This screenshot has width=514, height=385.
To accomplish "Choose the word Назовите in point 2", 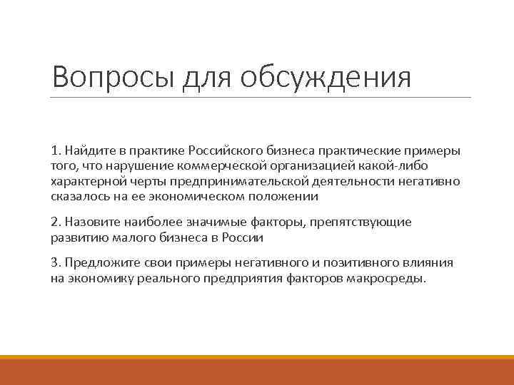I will coord(89,222).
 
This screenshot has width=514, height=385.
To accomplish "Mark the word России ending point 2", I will coord(245,237).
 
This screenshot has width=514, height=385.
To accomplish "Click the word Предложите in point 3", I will coord(98,264).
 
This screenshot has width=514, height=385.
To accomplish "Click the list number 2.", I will coord(54,222).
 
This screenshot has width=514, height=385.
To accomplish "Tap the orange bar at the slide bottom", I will coord(257,371).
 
